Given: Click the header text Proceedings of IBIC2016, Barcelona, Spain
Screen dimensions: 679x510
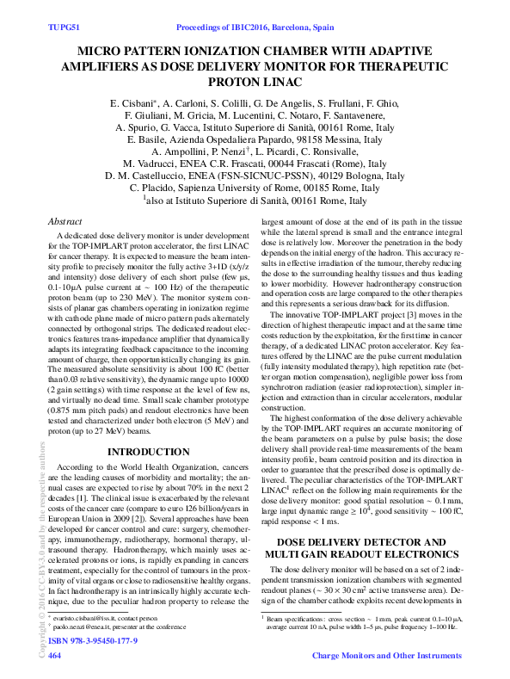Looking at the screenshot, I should coord(255,28).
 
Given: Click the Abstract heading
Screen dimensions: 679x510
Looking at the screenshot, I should coord(68,221).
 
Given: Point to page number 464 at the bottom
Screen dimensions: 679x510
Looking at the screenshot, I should coord(56,656).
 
